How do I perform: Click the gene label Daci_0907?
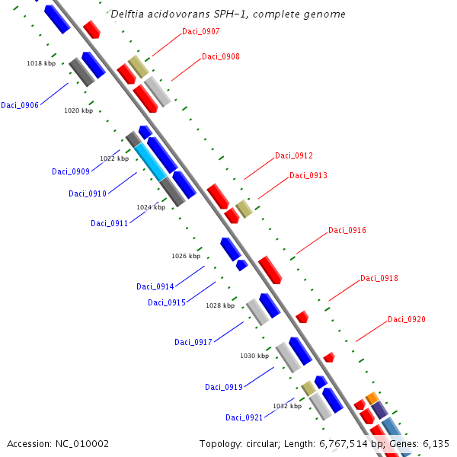coord(201,32)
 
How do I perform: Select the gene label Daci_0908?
coord(221,57)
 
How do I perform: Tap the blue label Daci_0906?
coord(20,106)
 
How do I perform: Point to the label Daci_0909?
coord(71,171)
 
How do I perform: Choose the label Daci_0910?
coord(88,194)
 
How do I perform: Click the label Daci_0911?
coord(110,223)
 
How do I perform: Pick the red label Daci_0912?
coord(294,156)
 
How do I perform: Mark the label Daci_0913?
coord(308,176)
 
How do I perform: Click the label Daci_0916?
coord(347,231)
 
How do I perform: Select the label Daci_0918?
coord(379,279)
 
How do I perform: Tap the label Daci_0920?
coord(407,320)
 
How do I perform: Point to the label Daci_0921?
coord(244,417)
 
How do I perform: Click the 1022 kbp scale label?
coord(114,159)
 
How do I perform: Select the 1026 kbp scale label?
coord(186,256)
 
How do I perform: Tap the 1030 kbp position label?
coord(254,356)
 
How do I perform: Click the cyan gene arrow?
coord(150,161)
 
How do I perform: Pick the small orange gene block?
coord(372,398)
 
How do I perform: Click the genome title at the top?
coord(228,14)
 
